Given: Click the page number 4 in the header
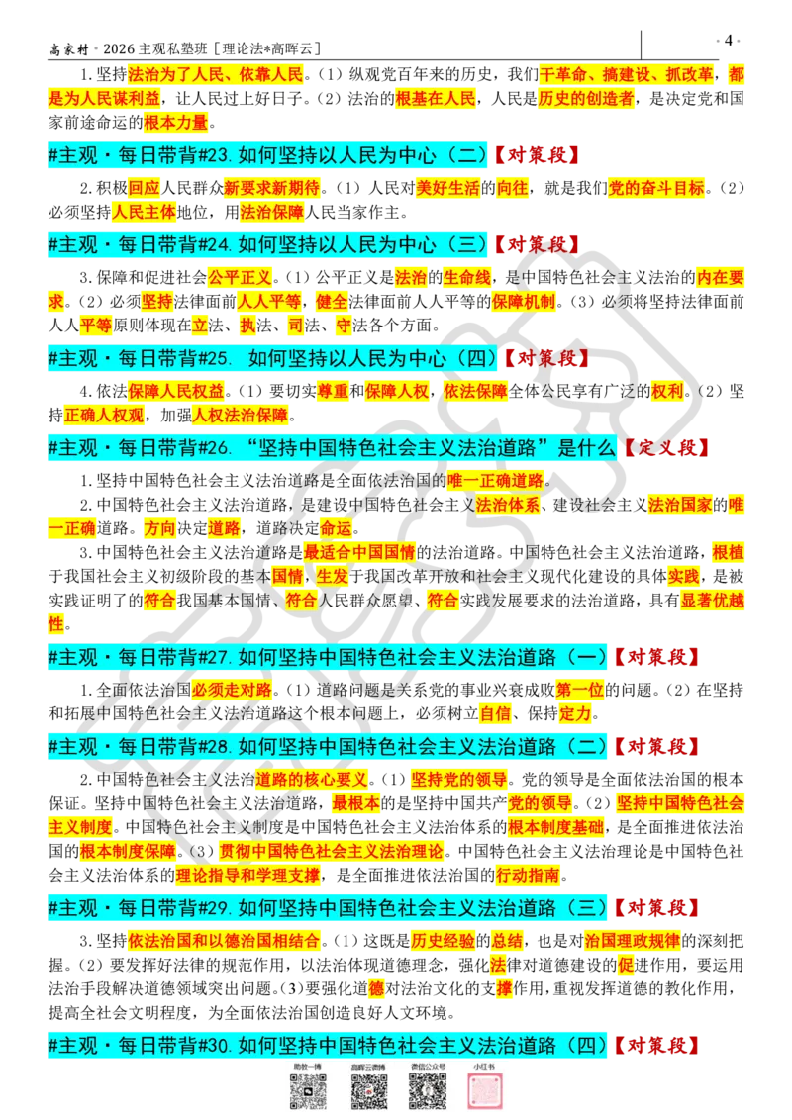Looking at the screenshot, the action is click(x=728, y=40).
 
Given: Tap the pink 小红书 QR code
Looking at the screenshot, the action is click(x=484, y=1090).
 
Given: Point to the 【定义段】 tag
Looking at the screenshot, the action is click(x=665, y=448).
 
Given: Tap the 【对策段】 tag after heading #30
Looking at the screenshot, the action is click(x=655, y=1045).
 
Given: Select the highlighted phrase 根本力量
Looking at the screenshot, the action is click(x=176, y=123).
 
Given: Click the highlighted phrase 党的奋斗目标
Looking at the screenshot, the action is click(x=656, y=188).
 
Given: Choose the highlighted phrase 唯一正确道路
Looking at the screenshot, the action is click(x=495, y=481).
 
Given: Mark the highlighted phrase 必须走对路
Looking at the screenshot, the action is click(x=232, y=690).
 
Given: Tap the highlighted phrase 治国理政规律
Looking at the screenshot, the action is click(x=633, y=941).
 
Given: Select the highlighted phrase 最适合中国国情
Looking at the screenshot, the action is click(x=359, y=552).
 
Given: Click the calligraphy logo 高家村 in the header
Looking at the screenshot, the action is click(x=69, y=49).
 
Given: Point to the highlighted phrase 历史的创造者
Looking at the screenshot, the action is click(x=585, y=99).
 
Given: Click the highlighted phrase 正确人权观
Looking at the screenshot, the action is click(x=104, y=415).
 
